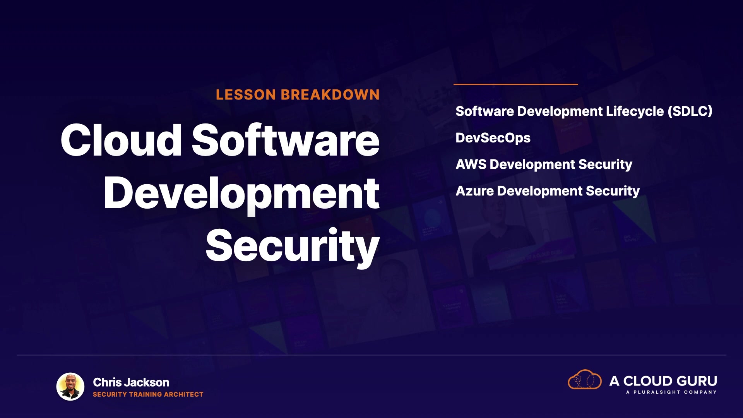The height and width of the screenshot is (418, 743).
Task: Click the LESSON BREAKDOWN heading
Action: point(298,95)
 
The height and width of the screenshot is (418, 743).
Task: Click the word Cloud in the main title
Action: point(121,140)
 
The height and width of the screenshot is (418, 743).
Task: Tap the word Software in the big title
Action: point(286,140)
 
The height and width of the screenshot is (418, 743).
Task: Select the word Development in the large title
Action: point(242,194)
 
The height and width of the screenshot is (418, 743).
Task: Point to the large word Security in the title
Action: point(293,246)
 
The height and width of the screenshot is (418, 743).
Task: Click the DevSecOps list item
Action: point(493,138)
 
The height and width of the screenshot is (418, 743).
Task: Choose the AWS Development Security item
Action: point(544,164)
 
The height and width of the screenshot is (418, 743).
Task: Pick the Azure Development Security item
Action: point(548,191)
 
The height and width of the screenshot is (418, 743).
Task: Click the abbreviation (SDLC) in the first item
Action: point(690,111)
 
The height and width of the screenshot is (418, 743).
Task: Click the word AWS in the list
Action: point(471,164)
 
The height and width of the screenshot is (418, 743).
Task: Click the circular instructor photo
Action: point(70,387)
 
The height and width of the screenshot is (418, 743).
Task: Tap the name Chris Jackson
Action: point(131,382)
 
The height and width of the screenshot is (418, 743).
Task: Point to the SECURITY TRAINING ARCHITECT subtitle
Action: point(148,394)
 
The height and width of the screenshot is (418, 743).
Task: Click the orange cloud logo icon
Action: point(585,380)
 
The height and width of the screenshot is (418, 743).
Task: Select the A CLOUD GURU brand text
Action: point(663,381)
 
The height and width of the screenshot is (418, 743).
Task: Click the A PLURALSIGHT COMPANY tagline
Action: point(671,392)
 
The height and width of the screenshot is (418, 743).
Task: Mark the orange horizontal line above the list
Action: point(516,84)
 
